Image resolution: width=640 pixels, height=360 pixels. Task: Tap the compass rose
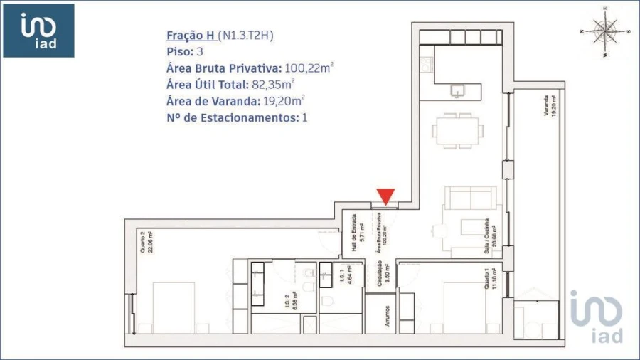606,31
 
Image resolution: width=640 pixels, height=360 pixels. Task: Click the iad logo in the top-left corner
39,31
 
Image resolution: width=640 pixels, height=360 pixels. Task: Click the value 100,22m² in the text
309,68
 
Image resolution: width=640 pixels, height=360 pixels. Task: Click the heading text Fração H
191,36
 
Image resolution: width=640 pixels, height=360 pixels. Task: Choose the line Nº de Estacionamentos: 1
237,117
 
